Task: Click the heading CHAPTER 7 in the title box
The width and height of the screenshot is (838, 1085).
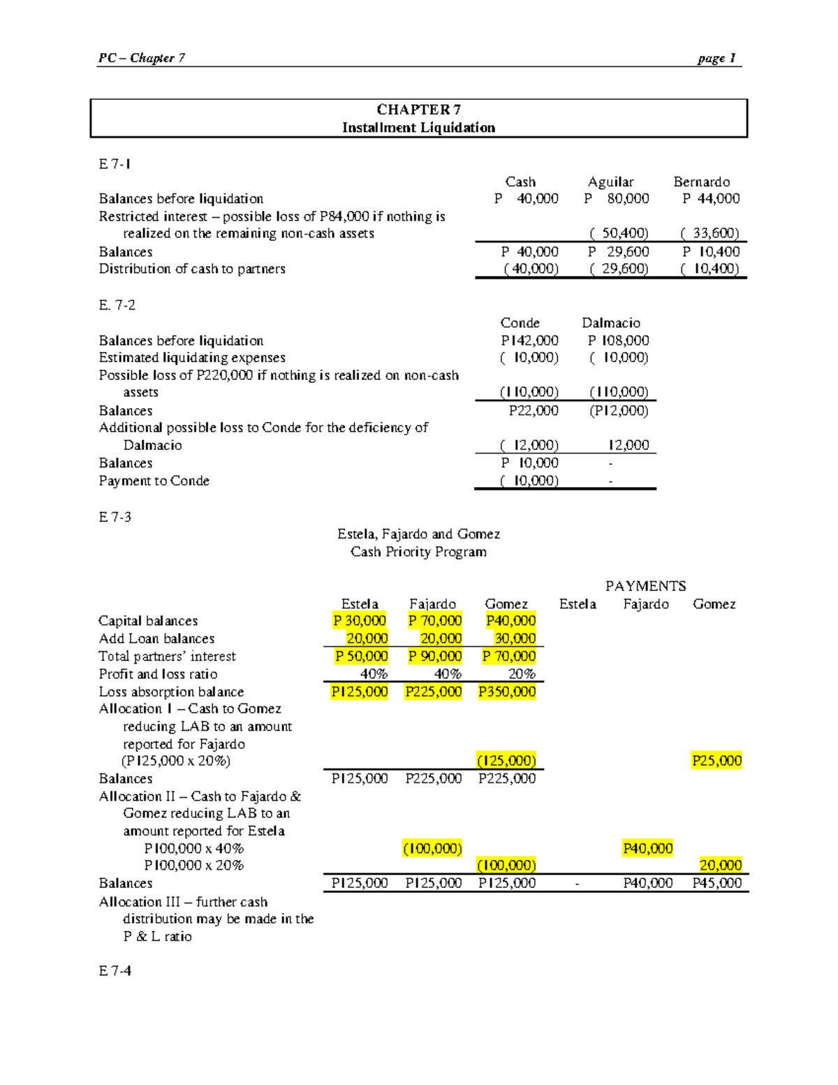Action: (418, 110)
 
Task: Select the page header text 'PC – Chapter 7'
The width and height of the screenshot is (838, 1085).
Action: (142, 58)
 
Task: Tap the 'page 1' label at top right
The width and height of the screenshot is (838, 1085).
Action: (716, 58)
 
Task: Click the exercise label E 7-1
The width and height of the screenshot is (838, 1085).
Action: (115, 164)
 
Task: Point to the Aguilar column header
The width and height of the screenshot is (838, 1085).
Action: (610, 182)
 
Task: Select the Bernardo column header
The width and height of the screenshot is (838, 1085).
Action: (701, 182)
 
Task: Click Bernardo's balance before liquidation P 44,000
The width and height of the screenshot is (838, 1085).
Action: (710, 198)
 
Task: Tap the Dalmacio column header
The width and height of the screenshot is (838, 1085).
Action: (610, 323)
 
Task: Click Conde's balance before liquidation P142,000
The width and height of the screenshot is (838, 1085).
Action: (529, 340)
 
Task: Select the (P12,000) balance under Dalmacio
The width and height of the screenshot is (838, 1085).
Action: (618, 411)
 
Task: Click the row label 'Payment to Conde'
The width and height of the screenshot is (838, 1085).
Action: (154, 481)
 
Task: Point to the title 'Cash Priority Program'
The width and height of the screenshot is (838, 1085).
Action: (418, 552)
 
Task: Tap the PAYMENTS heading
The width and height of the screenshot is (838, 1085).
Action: (645, 586)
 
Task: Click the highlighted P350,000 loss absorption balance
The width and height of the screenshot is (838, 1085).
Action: (507, 692)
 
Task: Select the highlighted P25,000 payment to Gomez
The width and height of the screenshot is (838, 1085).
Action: (716, 761)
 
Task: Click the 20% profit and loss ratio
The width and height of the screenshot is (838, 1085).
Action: (522, 674)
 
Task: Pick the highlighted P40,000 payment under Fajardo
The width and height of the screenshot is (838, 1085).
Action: (647, 848)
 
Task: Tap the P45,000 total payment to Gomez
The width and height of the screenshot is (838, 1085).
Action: (716, 883)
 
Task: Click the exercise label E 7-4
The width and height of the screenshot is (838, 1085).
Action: (115, 970)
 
